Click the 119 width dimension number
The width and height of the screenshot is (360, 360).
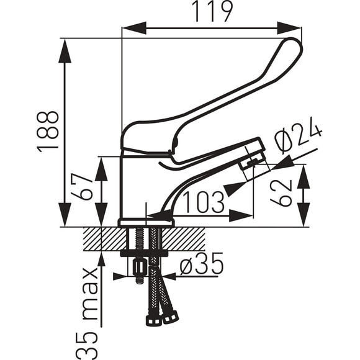pyautogui.click(x=212, y=11)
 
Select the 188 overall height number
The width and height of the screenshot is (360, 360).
pyautogui.click(x=48, y=132)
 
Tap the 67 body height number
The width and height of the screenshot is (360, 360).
pyautogui.click(x=82, y=187)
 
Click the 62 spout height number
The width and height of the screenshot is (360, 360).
pyautogui.click(x=281, y=193)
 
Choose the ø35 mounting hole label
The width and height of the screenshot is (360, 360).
pyautogui.click(x=201, y=263)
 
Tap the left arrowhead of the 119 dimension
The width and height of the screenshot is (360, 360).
pyautogui.click(x=134, y=28)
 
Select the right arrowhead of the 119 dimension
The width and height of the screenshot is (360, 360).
pyautogui.click(x=289, y=28)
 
